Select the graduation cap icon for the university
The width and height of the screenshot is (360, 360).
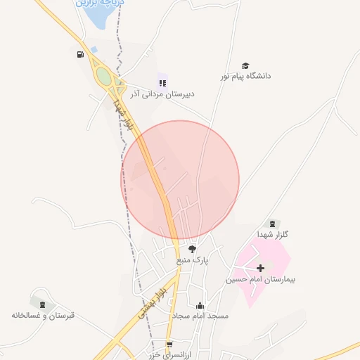tap(245, 65)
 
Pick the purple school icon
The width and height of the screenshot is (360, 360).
tap(162, 82)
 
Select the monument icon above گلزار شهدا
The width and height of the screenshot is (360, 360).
tap(273, 224)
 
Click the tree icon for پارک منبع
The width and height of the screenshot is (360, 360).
tap(192, 249)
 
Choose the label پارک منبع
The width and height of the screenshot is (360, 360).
tap(193, 260)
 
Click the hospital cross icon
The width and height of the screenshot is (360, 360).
tap(261, 267)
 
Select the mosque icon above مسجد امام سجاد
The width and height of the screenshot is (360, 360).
tap(200, 305)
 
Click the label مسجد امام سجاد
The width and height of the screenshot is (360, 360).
tap(200, 316)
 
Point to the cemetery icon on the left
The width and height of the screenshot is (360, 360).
tap(43, 304)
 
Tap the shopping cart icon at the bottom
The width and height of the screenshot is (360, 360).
tap(169, 344)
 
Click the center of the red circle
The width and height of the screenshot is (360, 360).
tap(180, 179)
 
